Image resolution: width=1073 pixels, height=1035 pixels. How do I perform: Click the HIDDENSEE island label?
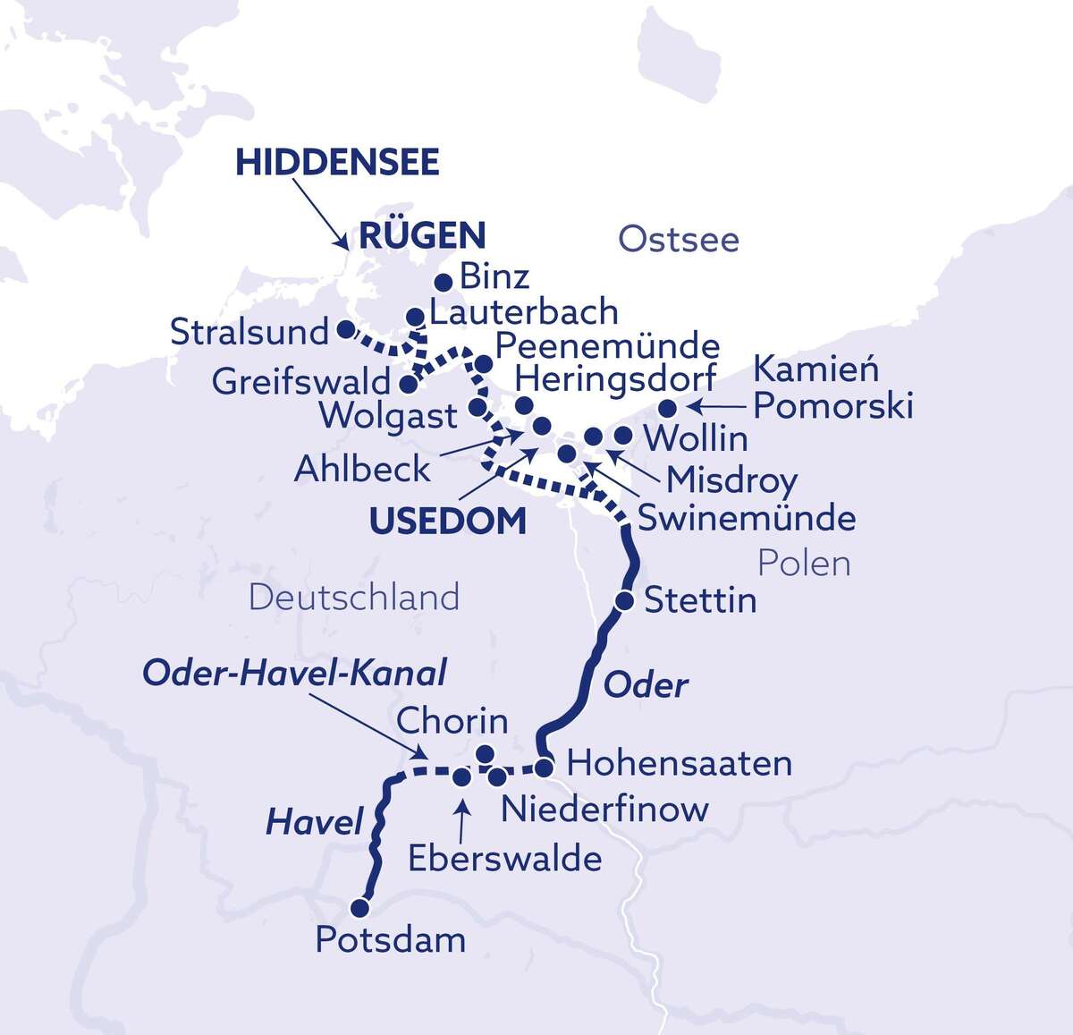[337, 163]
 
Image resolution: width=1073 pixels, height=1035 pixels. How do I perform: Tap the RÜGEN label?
[422, 236]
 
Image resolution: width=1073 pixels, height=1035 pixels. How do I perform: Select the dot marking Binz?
[443, 283]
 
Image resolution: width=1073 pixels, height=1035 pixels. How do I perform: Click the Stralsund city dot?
[344, 329]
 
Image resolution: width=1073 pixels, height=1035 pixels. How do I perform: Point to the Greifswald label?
[301, 383]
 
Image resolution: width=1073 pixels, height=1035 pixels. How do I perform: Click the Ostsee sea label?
[679, 240]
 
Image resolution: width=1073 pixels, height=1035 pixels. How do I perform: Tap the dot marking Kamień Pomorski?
[667, 409]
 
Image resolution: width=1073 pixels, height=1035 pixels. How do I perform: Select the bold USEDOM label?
[448, 521]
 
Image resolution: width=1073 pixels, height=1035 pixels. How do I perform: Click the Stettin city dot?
[626, 599]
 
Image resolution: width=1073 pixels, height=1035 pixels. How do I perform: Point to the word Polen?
[803, 564]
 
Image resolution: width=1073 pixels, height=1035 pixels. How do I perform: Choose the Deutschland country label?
[354, 598]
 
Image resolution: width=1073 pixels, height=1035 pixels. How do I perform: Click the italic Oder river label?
[646, 686]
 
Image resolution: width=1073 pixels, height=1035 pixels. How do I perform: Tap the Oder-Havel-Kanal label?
[294, 673]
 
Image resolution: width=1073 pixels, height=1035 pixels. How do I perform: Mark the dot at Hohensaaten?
[544, 767]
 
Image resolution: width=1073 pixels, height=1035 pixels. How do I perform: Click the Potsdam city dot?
[359, 908]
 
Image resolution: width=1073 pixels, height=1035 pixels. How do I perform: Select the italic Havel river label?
[314, 823]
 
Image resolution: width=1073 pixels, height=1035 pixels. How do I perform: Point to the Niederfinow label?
[604, 810]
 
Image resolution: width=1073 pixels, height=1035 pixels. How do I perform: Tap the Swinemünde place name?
[746, 518]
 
